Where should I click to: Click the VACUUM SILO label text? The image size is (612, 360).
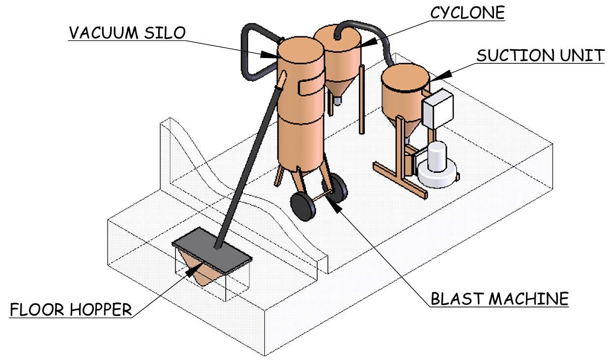point(127,32)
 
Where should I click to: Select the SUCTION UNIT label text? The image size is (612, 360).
point(540,55)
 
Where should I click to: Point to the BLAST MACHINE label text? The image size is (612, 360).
point(499,299)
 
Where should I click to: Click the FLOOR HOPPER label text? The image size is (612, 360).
point(71,310)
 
